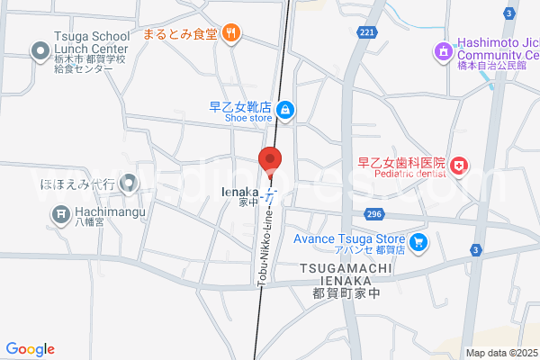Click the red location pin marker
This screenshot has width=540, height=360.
(271, 160)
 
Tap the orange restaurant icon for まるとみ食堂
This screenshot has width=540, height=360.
(231, 34)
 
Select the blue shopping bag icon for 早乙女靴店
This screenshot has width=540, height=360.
(284, 110)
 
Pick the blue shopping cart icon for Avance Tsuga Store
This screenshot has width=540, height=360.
(418, 242)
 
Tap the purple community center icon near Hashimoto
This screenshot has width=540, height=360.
(442, 51)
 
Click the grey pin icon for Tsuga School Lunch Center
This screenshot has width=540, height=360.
(40, 51)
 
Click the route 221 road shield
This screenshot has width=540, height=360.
(366, 32)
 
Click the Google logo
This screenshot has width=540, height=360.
(30, 349)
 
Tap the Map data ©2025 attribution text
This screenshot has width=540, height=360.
(500, 353)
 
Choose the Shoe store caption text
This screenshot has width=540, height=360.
(240, 117)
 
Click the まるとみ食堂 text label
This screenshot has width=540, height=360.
(186, 35)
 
